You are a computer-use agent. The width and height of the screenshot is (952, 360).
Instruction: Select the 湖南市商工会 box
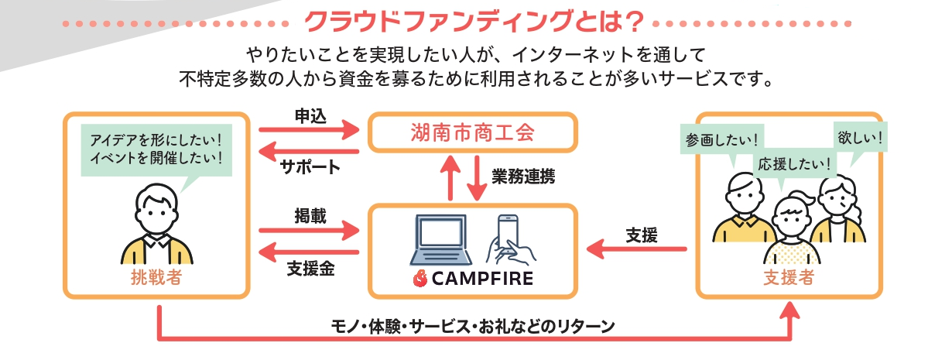[x=472, y=132]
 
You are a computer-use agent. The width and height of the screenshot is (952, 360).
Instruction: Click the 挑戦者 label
[x=156, y=278]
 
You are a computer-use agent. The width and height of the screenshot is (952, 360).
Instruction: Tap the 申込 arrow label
[x=310, y=115]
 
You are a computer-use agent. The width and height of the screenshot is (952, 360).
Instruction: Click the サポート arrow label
[x=310, y=166]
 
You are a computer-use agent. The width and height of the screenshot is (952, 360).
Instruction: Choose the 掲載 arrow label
[x=310, y=216]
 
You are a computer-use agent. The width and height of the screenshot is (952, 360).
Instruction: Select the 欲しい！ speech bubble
[x=861, y=139]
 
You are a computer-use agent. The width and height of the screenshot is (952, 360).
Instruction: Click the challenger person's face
[x=156, y=209]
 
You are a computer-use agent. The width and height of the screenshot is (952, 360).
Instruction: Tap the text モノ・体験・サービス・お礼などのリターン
[x=472, y=326]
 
